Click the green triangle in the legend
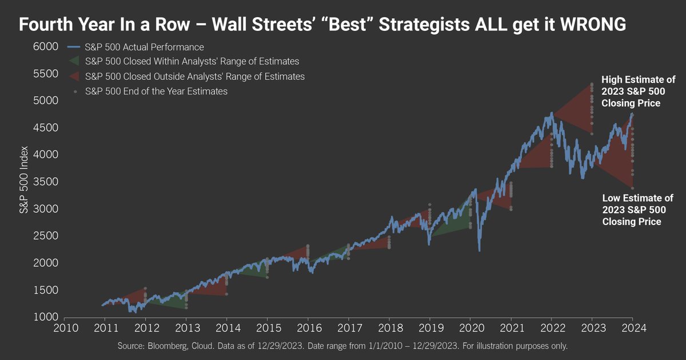coord(74,61)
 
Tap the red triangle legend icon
coord(74,76)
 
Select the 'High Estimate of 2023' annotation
coord(637,91)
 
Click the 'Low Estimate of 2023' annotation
coord(637,210)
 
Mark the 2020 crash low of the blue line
coord(479,250)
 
